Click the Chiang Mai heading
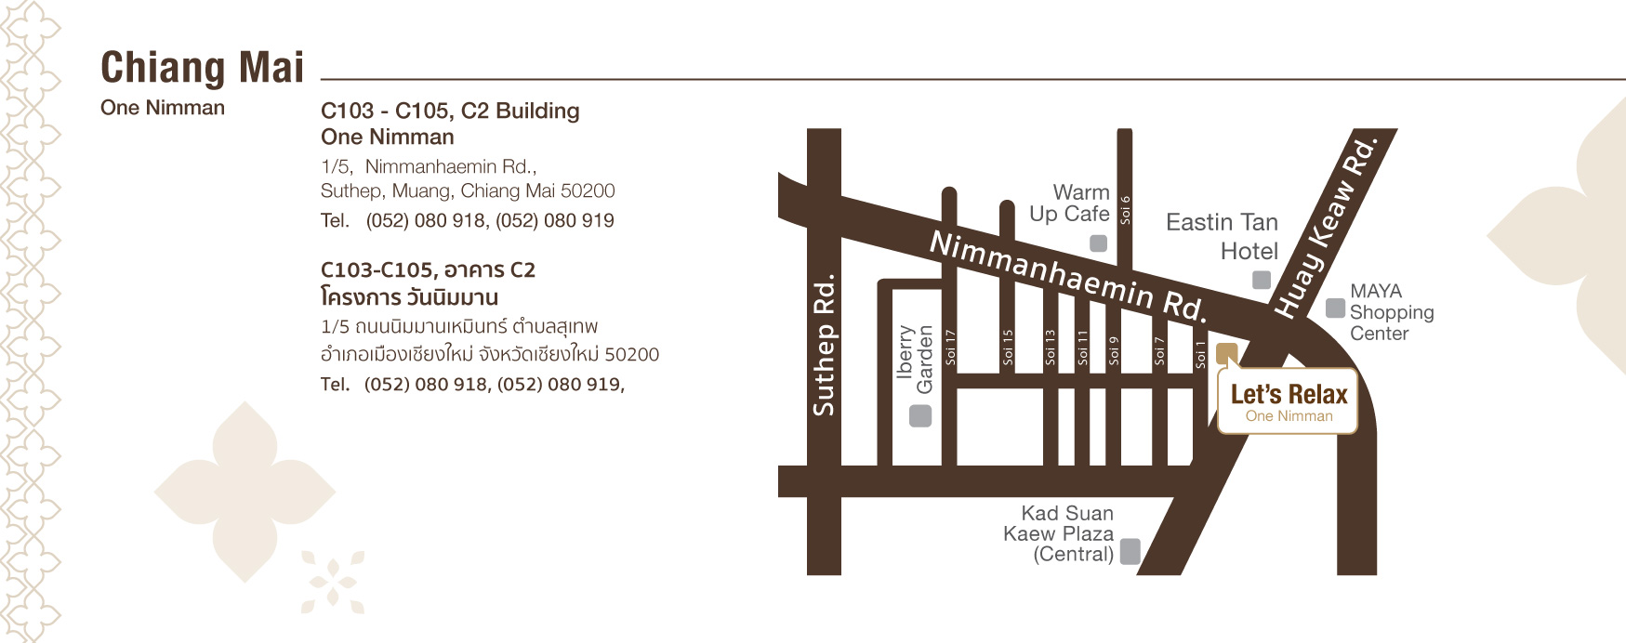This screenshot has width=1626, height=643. (202, 68)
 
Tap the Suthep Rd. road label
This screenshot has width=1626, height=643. (825, 344)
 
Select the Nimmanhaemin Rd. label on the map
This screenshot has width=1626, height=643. (1068, 276)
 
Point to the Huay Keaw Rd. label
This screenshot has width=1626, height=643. (1324, 228)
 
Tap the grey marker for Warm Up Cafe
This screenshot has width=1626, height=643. (1098, 243)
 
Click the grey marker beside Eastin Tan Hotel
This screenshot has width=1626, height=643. (1261, 280)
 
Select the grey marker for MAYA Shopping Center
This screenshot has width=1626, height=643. (1335, 308)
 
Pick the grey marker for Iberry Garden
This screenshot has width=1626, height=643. (919, 415)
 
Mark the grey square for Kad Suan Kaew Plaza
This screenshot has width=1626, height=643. (1130, 552)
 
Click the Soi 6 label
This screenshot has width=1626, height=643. (1125, 210)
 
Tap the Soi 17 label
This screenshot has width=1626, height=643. (950, 346)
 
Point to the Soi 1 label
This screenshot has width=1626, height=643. (1200, 354)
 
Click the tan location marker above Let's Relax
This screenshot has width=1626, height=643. (1226, 353)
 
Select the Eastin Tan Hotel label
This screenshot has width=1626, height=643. (1222, 236)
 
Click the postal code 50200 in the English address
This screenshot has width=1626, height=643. (588, 191)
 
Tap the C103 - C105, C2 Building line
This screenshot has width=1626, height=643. (450, 112)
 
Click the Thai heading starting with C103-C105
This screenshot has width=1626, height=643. (428, 270)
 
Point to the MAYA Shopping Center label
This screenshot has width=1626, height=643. (1391, 312)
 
